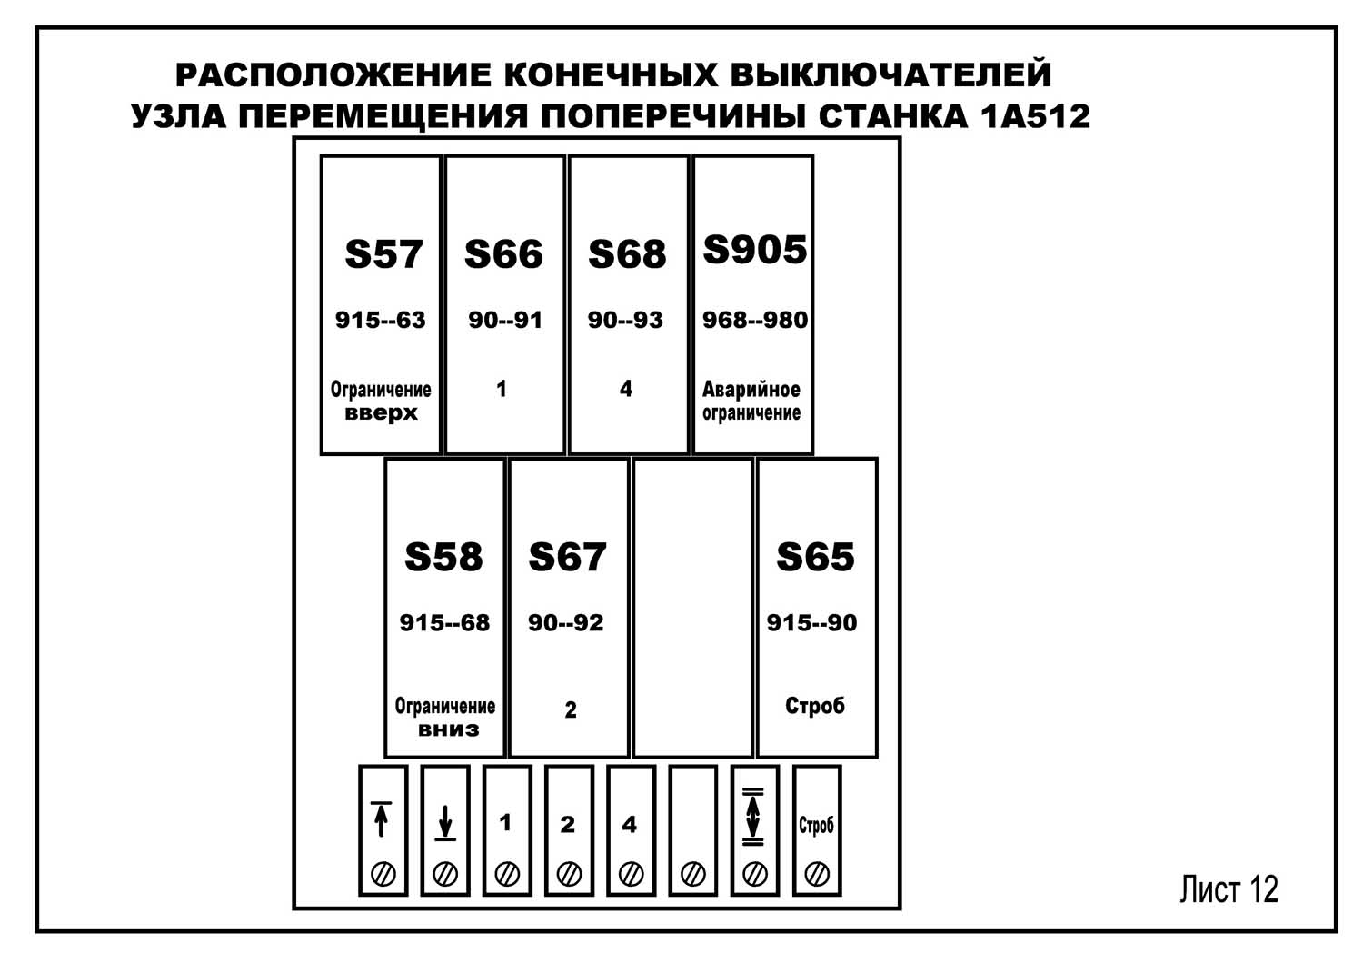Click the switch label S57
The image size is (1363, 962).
383,254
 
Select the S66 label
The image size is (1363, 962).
503,254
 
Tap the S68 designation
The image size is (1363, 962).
627,254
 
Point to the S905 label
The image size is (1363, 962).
754,250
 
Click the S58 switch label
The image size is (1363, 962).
443,557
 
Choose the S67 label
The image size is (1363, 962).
567,557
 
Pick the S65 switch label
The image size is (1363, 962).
815,557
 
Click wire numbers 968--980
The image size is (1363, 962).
754,320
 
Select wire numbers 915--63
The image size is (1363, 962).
380,320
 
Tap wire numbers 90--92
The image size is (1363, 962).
565,623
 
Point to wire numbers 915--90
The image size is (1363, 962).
811,623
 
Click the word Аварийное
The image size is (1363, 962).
751,390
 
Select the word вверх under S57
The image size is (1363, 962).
381,413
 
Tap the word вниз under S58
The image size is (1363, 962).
448,729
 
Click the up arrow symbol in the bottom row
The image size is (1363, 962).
382,818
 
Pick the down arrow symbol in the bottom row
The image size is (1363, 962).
444,822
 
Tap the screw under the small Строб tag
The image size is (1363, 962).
817,874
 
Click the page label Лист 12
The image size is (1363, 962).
1229,889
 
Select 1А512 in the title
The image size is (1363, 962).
1035,116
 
